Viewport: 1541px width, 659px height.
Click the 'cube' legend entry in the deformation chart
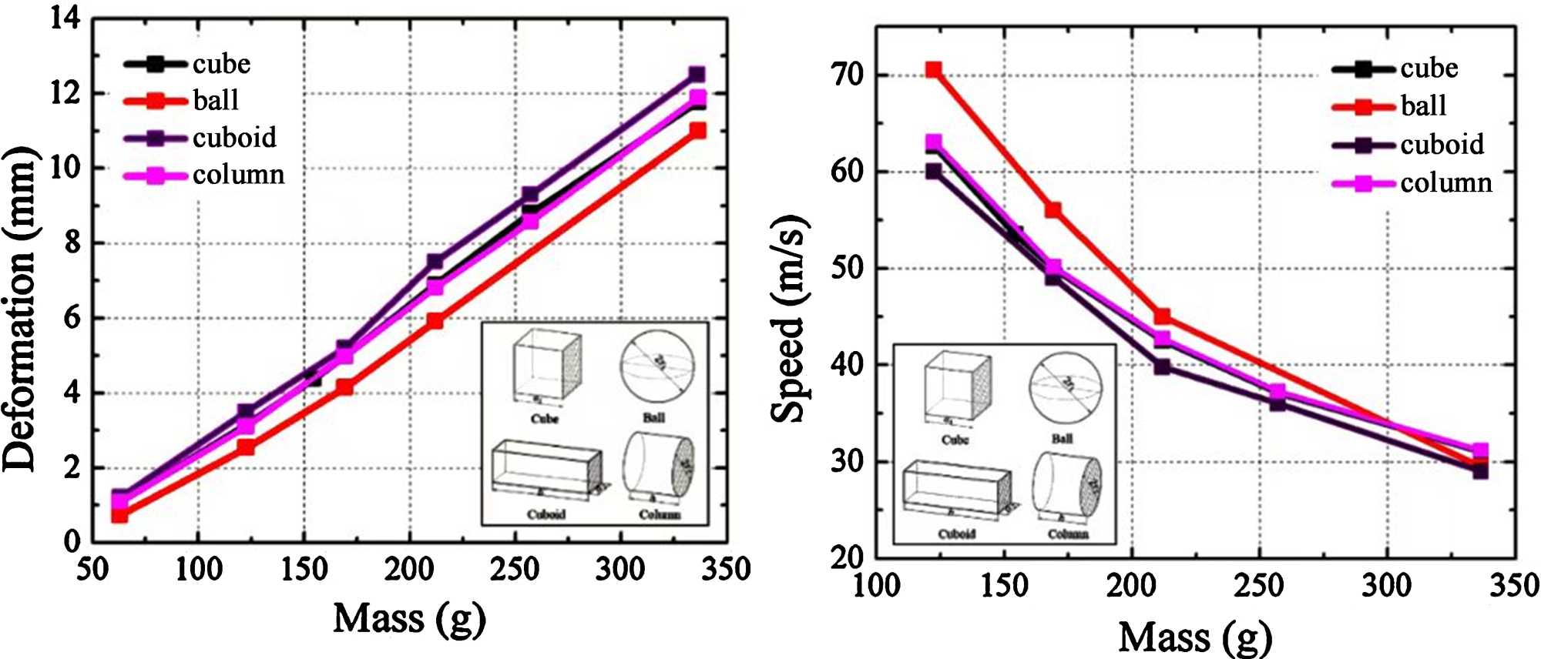221,64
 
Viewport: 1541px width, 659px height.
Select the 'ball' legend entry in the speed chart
1422,105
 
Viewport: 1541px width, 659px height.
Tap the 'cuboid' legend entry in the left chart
234,138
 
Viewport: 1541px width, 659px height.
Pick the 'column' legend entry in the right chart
1445,182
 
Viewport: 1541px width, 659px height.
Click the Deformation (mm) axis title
20,308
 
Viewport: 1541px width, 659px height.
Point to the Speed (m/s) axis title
789,319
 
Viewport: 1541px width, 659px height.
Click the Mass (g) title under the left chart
409,618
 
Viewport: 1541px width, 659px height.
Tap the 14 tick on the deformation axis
65,18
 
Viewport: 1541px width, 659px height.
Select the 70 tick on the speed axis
848,75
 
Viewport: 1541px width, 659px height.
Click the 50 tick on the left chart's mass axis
92,569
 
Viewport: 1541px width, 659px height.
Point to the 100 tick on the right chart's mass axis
876,585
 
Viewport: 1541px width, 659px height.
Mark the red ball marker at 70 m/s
933,70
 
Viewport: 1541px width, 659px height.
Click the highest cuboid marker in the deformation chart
697,74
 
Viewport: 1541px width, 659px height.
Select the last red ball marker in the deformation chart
697,131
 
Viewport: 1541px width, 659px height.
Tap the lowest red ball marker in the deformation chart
119,515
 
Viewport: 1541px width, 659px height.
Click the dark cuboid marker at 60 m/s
933,171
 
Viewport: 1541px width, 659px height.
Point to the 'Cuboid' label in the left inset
546,514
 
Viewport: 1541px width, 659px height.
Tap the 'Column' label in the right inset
1067,534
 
